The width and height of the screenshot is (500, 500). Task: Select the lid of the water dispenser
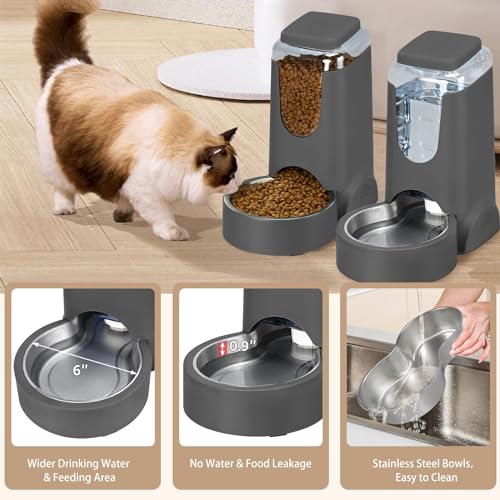click(440, 48)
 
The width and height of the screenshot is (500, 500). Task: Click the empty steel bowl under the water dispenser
click(395, 225)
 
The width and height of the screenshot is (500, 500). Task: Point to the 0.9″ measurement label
click(239, 346)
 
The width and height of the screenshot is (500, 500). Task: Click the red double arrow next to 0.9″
click(223, 348)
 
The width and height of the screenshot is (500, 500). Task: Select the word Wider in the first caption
click(41, 462)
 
